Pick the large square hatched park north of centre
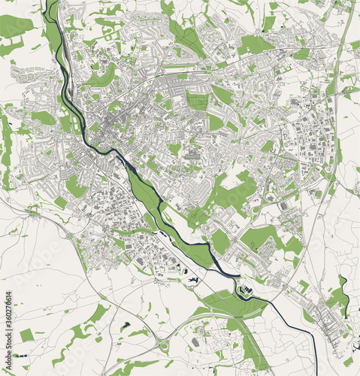(x=197, y=102)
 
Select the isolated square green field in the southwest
(x=27, y=335)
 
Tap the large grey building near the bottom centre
(x=196, y=343)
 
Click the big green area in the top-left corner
(x=15, y=26)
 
